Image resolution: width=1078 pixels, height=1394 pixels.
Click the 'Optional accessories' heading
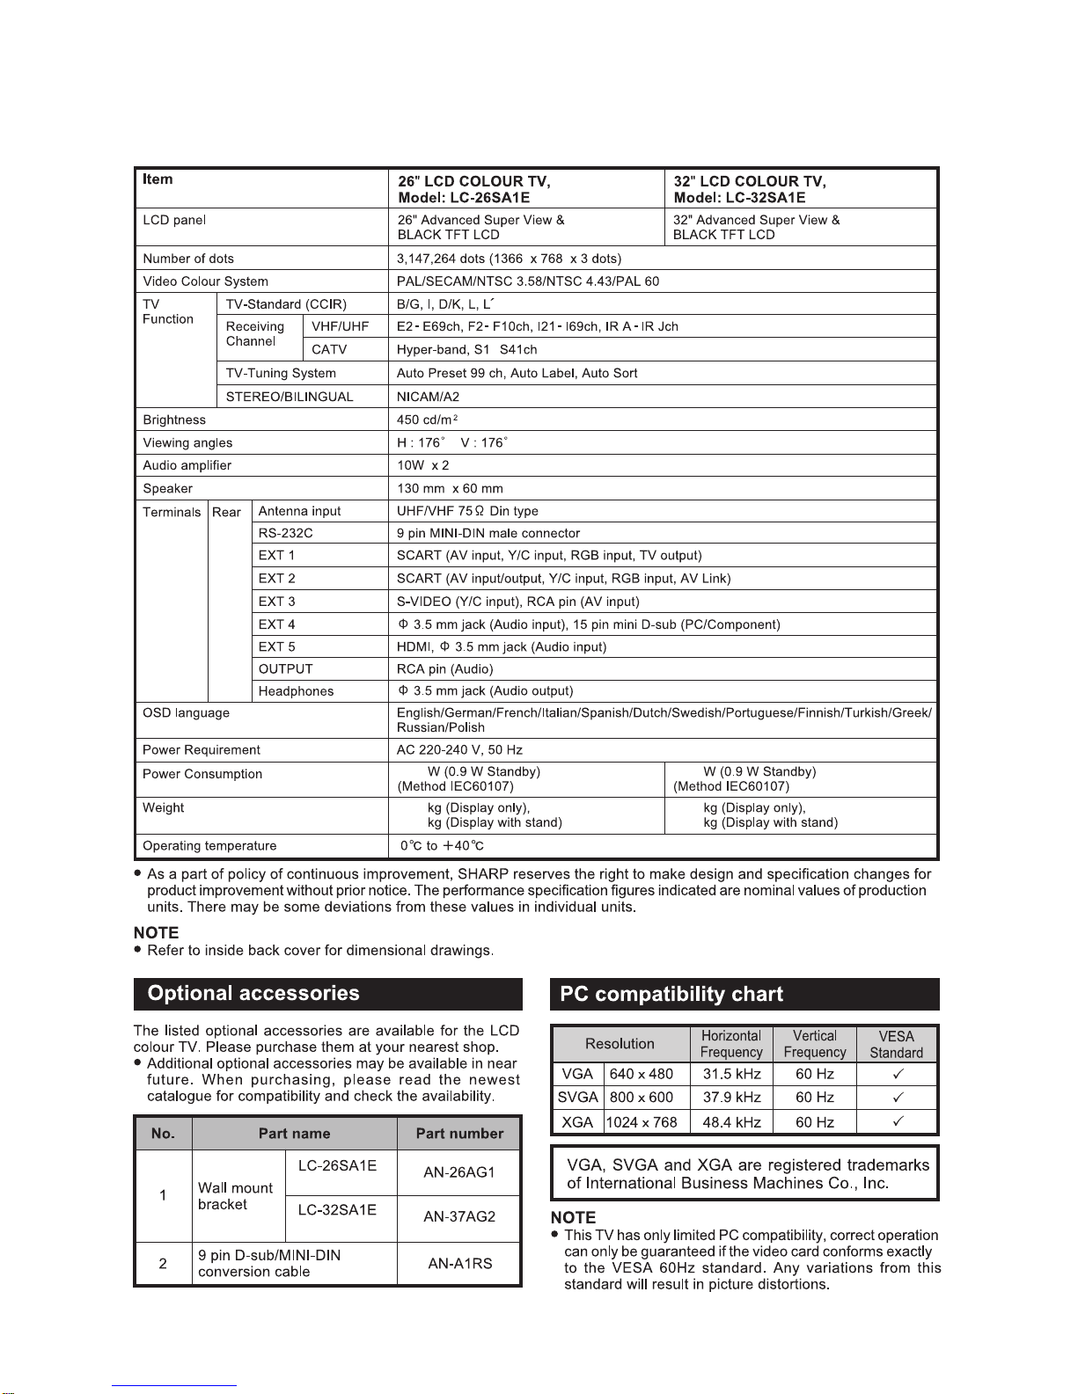tap(253, 994)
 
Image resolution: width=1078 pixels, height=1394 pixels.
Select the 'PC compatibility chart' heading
tap(671, 995)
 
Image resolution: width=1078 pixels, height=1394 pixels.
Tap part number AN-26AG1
tap(458, 1172)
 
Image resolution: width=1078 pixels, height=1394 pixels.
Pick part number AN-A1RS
tap(458, 1264)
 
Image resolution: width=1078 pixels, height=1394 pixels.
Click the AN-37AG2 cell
tap(458, 1217)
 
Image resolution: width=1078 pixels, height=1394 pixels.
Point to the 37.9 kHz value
tap(730, 1098)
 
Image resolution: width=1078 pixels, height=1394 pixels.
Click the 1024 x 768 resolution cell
tap(642, 1122)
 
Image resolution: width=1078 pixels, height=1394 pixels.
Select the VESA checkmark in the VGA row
tap(898, 1074)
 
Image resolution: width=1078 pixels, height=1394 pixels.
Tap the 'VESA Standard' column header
tap(896, 1044)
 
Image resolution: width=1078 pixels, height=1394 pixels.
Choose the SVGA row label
tap(578, 1098)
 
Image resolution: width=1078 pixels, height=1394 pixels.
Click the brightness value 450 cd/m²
tap(427, 420)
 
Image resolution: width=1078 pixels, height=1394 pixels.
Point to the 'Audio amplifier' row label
tap(187, 465)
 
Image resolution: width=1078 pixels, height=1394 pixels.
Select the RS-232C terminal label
tap(285, 533)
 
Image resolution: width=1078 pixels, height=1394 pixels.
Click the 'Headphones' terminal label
tap(296, 691)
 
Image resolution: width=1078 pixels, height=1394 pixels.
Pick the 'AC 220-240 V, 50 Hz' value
tap(459, 750)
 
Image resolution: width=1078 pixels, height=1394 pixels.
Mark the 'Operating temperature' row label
tap(209, 846)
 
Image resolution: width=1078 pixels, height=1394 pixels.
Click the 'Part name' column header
tap(294, 1134)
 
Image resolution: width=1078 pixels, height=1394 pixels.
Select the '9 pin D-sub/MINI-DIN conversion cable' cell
tap(269, 1264)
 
